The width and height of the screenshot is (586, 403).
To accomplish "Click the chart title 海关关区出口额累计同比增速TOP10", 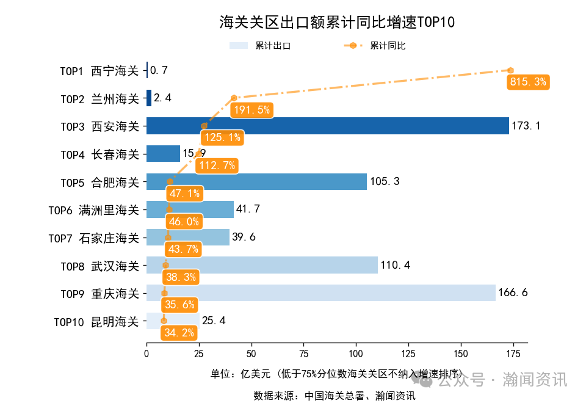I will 337,23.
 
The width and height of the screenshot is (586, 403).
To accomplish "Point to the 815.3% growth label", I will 528,82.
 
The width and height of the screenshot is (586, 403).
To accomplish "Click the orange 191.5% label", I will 251,110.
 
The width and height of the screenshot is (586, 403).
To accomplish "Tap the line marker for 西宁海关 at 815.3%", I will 510,70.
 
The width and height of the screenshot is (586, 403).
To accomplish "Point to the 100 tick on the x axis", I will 356,354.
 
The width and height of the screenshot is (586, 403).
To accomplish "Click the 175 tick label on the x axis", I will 513,354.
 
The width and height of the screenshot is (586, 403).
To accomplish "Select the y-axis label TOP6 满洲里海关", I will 94,210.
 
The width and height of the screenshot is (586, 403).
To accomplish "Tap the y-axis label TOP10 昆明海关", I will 96,321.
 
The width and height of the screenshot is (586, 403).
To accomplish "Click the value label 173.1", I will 526,126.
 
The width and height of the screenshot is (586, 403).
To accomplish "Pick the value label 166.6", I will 513,293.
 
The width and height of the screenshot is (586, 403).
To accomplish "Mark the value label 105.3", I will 384,182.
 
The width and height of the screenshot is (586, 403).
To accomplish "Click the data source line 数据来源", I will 335,396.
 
